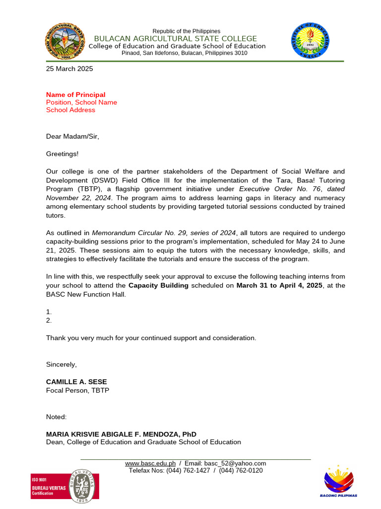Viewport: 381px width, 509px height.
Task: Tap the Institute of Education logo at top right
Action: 313,41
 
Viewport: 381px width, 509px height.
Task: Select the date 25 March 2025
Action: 69,69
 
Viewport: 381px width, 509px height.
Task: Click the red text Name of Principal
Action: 75,94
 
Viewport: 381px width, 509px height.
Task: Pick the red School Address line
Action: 70,110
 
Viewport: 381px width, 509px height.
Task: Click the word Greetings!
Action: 62,154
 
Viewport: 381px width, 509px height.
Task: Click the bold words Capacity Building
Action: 158,285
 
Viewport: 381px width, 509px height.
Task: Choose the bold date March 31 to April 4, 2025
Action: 279,285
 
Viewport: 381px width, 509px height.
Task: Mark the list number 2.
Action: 49,321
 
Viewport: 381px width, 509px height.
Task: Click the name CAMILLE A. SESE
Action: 76,382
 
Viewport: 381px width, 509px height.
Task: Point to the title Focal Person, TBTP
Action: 77,390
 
